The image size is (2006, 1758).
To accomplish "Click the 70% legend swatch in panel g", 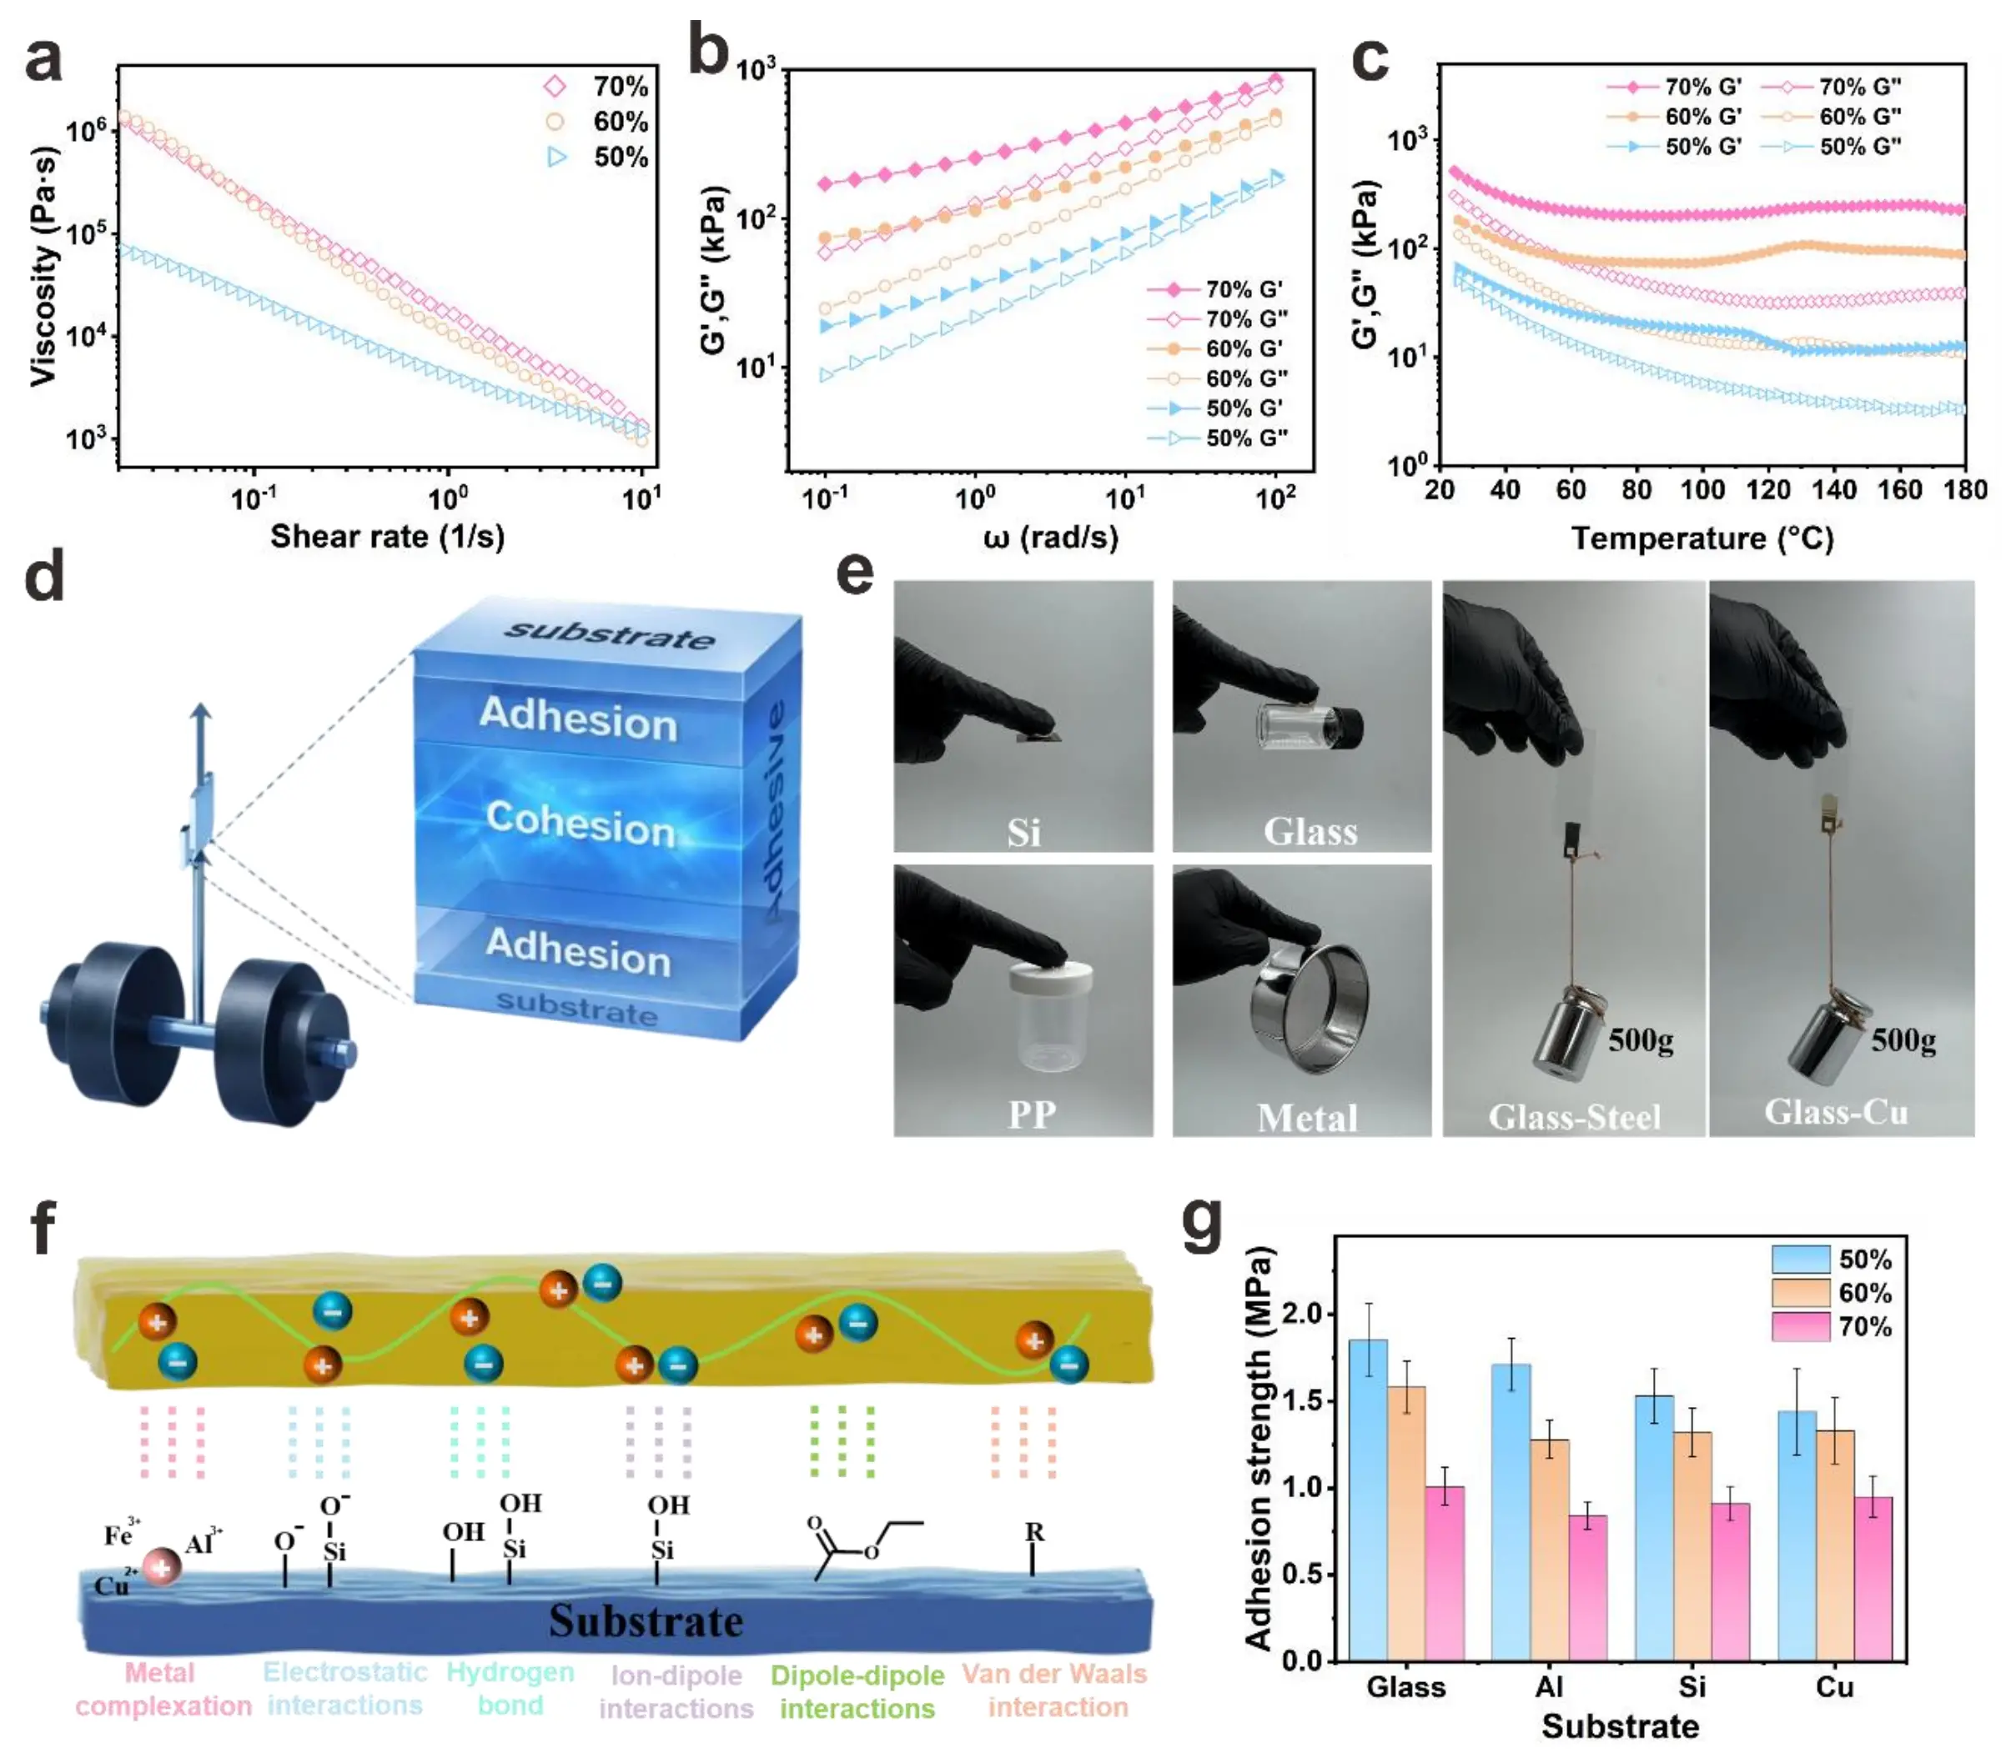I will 1800,1326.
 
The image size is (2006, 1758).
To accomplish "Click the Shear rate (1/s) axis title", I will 387,537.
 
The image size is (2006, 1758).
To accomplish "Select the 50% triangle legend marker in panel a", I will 556,157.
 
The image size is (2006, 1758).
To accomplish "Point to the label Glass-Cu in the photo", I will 1836,1111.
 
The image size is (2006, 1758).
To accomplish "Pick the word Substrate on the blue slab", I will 646,1620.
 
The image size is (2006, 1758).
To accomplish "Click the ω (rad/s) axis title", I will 1050,537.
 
